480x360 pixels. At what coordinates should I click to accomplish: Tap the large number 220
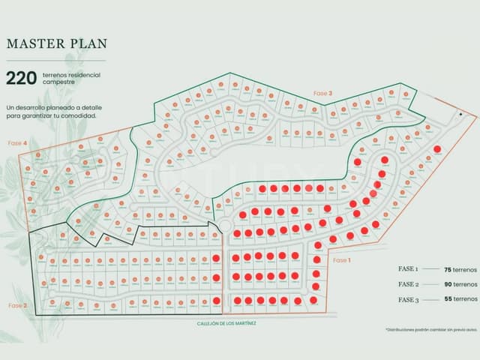pos(21,78)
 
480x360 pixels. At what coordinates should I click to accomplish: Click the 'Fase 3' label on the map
pos(323,93)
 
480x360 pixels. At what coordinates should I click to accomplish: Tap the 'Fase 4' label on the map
pos(17,142)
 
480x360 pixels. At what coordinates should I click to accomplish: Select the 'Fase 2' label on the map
pos(17,305)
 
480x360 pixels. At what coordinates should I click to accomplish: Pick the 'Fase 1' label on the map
pos(340,260)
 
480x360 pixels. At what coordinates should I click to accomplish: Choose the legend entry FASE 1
pos(408,268)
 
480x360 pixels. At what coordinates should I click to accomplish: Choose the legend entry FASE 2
pos(408,284)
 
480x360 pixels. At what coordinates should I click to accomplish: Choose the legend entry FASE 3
pos(408,299)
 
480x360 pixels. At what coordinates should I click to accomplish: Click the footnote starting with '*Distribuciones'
pos(430,329)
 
